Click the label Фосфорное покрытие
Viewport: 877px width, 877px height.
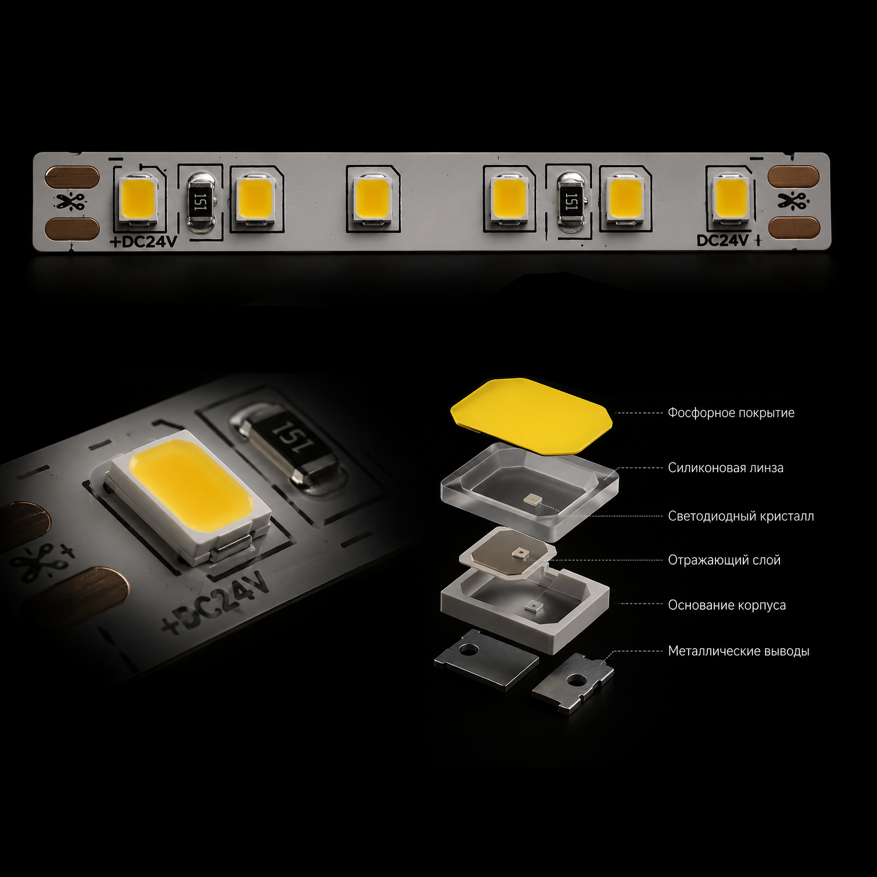731,413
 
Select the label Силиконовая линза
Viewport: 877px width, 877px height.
726,468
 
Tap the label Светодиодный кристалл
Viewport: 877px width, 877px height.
741,516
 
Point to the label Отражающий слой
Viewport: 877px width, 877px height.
724,560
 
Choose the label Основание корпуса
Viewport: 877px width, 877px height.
727,605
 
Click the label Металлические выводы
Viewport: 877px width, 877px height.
739,651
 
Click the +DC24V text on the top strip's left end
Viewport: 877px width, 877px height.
143,242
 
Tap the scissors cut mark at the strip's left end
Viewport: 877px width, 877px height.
70,202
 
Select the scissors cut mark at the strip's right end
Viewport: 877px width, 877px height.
793,200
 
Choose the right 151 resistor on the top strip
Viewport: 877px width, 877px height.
570,202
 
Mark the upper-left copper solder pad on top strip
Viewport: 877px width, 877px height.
73,177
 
